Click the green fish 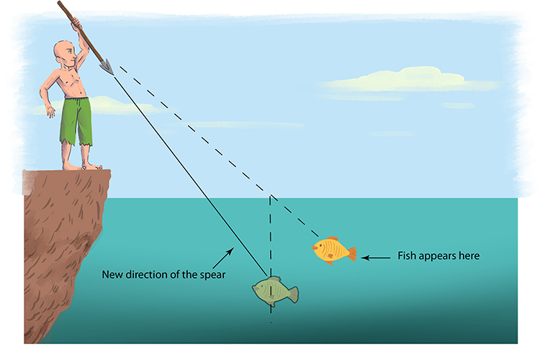[x=272, y=290]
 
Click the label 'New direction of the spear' [x=160, y=274]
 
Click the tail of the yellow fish [x=351, y=254]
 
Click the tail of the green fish [x=292, y=294]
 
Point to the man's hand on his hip [x=49, y=110]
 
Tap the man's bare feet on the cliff [x=79, y=166]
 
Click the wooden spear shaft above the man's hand [x=66, y=12]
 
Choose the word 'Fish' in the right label [x=406, y=256]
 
